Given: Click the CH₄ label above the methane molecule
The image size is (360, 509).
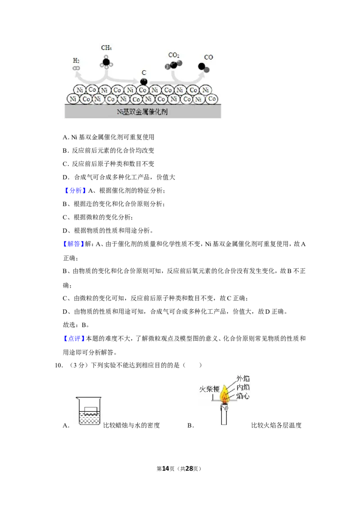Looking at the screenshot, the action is (106, 48).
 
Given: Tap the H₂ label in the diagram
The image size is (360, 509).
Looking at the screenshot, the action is (76, 61).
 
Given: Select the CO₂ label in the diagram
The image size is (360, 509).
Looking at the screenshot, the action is (174, 55).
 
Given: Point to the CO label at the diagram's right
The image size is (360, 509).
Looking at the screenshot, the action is (209, 57).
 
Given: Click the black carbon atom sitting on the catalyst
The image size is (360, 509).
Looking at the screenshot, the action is (144, 81).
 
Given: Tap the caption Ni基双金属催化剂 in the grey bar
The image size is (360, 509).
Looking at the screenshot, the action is (142, 112).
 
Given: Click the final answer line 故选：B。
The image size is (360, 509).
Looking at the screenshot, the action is (76, 325).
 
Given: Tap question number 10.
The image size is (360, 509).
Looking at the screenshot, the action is (58, 365).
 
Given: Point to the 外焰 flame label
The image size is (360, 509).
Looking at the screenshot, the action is (243, 379).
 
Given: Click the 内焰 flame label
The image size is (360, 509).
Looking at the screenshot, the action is (243, 387).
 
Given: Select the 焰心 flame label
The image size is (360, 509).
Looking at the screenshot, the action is (243, 396).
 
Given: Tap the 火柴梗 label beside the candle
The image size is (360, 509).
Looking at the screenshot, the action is (209, 389).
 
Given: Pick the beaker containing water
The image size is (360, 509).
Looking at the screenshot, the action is (88, 411).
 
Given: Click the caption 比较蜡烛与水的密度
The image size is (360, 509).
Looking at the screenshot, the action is (131, 425).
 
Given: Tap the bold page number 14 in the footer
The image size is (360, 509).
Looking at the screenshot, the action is (166, 469).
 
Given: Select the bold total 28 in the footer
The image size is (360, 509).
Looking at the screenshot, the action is (189, 469).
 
